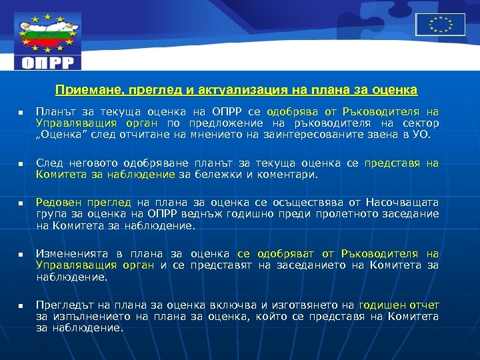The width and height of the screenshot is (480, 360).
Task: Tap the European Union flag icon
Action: click(440, 25)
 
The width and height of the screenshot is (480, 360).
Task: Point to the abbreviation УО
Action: click(423, 134)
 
